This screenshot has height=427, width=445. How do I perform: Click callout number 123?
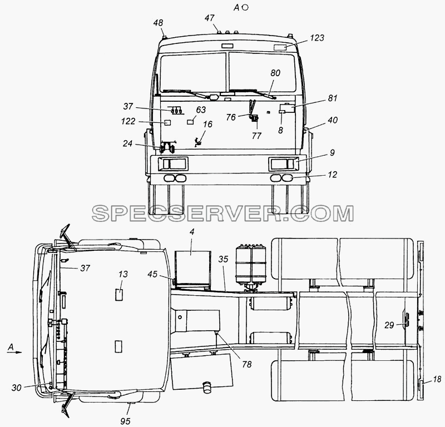click(317, 38)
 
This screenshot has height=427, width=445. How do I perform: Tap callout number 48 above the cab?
click(158, 23)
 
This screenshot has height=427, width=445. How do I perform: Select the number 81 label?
click(333, 98)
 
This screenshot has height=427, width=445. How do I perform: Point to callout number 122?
click(128, 121)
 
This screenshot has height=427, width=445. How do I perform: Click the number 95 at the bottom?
click(125, 421)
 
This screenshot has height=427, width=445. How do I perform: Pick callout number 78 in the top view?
click(247, 364)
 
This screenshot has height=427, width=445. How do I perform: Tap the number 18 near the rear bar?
click(437, 379)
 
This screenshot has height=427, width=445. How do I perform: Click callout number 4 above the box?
click(192, 232)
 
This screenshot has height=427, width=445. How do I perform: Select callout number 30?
click(17, 388)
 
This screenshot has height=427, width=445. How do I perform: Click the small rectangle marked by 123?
click(280, 47)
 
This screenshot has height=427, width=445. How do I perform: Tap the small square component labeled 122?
click(167, 122)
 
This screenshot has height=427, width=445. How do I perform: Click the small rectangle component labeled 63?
click(190, 122)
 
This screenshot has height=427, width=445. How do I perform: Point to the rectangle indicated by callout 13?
click(119, 294)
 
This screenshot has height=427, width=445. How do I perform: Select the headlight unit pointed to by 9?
click(283, 164)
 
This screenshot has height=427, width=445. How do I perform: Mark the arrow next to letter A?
click(14, 352)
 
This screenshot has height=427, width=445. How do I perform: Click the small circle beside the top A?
click(245, 8)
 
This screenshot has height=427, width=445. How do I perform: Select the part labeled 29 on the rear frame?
click(407, 320)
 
